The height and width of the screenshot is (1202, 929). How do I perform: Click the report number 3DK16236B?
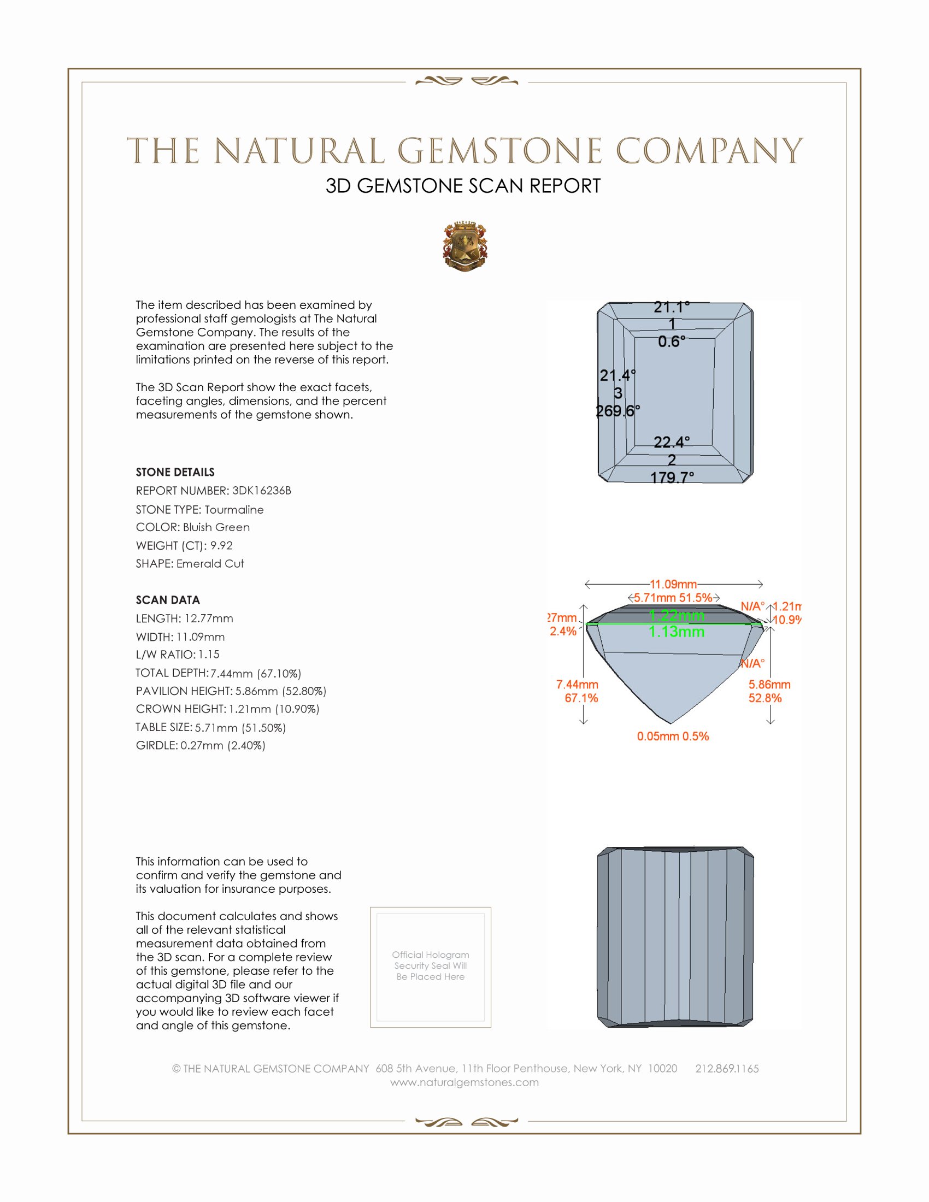pos(261,491)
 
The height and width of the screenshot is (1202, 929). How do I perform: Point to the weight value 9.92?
pos(221,545)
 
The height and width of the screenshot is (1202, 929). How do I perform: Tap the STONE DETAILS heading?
pos(175,472)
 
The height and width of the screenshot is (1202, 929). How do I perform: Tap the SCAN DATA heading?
pos(168,600)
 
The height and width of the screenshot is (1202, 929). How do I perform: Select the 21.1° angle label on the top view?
pos(672,307)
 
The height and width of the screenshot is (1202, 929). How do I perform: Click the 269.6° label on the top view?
pos(618,411)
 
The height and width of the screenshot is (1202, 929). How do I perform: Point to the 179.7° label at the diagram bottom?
pos(672,477)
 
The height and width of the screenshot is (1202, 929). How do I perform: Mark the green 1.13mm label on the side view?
pos(677,632)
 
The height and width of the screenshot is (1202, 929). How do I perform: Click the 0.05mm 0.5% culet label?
pos(673,736)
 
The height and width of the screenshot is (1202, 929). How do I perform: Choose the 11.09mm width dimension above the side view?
pos(673,584)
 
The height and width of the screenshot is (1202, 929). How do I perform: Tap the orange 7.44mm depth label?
pos(577,685)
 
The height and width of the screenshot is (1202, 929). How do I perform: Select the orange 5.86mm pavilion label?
pos(769,685)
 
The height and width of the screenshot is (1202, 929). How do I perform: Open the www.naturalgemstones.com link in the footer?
pos(465,1082)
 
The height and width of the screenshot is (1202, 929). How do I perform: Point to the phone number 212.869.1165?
pos(726,1069)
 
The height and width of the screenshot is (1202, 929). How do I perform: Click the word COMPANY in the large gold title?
pos(709,151)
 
